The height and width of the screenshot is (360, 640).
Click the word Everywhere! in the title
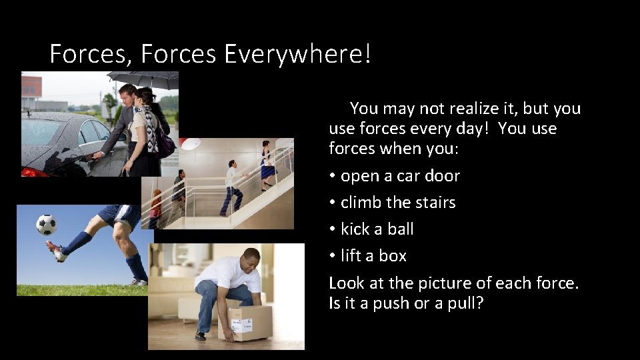(x=297, y=54)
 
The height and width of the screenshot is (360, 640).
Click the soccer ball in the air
(x=46, y=225)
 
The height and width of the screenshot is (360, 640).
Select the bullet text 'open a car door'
(x=400, y=176)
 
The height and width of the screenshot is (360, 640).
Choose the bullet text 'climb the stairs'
(x=398, y=203)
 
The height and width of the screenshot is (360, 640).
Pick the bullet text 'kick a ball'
(x=377, y=229)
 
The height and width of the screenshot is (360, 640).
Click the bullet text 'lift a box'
(x=373, y=256)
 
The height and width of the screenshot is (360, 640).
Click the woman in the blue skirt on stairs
(x=267, y=163)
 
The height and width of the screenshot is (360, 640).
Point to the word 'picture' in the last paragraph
(x=446, y=283)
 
